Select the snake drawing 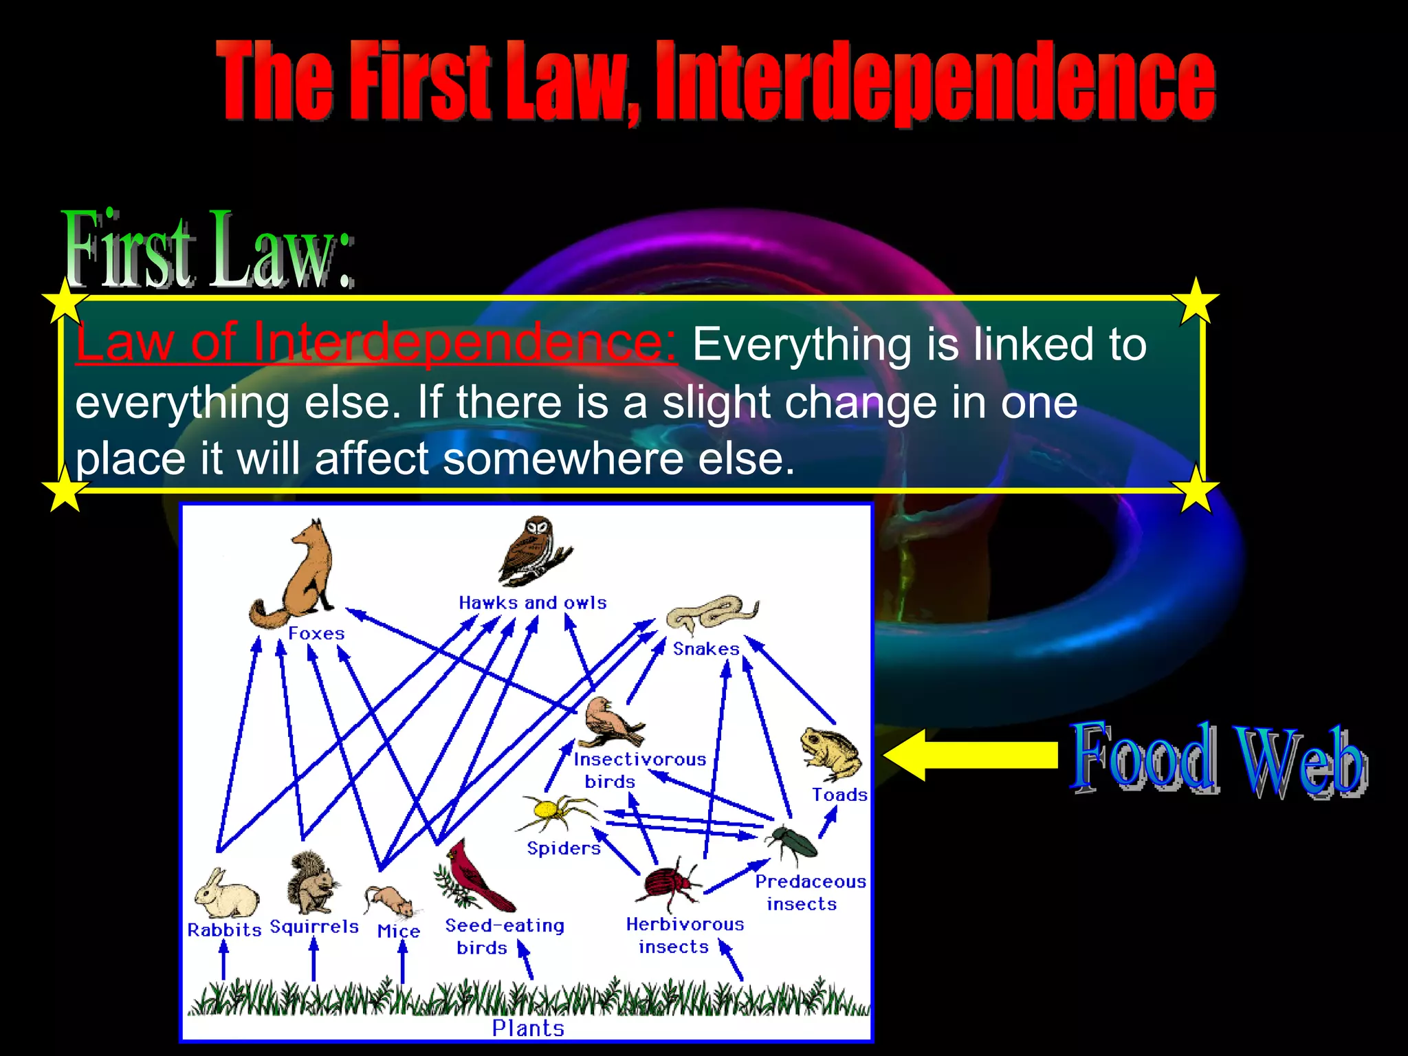click(712, 612)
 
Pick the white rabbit click(225, 894)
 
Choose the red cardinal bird click(476, 877)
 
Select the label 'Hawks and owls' click(533, 603)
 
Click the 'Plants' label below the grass click(528, 1028)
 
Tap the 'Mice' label click(399, 931)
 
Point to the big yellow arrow click(969, 755)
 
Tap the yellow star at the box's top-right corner click(1196, 300)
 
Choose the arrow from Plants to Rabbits click(223, 960)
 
